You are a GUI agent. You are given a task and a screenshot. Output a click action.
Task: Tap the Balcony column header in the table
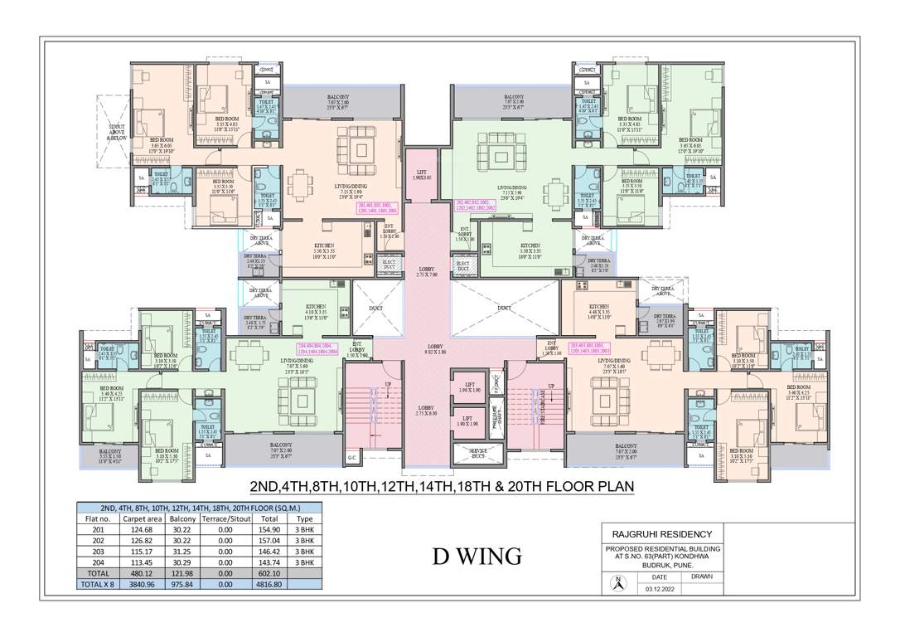[x=182, y=518]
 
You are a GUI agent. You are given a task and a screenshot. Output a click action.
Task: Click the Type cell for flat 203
[x=304, y=551]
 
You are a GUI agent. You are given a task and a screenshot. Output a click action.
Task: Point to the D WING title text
[x=477, y=556]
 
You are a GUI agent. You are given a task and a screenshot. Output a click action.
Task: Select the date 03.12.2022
[x=660, y=588]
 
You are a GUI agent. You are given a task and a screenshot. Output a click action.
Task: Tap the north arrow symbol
[x=617, y=583]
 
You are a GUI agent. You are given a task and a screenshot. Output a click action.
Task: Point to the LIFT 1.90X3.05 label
[x=420, y=174]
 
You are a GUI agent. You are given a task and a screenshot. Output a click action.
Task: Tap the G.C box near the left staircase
[x=351, y=457]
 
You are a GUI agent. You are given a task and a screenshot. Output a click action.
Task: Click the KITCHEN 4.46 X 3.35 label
[x=599, y=309]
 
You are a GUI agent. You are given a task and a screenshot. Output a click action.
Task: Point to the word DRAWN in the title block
[x=701, y=576]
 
